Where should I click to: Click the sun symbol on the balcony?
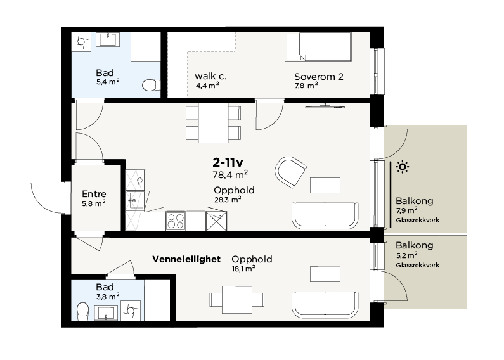pyautogui.click(x=403, y=167)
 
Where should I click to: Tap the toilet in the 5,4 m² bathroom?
pyautogui.click(x=149, y=85)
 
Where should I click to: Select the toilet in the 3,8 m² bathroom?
pyautogui.click(x=83, y=311)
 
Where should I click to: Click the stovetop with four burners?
pyautogui.click(x=176, y=221)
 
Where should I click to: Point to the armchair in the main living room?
pyautogui.click(x=290, y=172)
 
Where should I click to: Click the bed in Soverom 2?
pyautogui.click(x=318, y=47)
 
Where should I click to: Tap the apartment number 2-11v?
pyautogui.click(x=228, y=163)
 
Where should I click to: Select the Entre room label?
pyautogui.click(x=94, y=194)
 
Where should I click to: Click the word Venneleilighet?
pyautogui.click(x=186, y=259)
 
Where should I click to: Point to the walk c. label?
pyautogui.click(x=210, y=77)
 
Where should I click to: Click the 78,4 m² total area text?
pyautogui.click(x=230, y=175)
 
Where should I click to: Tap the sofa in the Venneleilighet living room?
pyautogui.click(x=325, y=305)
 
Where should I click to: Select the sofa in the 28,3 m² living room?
pyautogui.click(x=325, y=215)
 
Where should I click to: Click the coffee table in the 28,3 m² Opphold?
pyautogui.click(x=325, y=185)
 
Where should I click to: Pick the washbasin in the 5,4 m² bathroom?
pyautogui.click(x=110, y=39)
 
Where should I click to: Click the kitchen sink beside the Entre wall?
pyautogui.click(x=135, y=200)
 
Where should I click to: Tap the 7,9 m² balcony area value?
pyautogui.click(x=406, y=210)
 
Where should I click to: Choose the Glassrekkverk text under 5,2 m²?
pyautogui.click(x=418, y=265)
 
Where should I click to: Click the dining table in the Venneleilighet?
pyautogui.click(x=237, y=300)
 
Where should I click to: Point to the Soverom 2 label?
pyautogui.click(x=318, y=77)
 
